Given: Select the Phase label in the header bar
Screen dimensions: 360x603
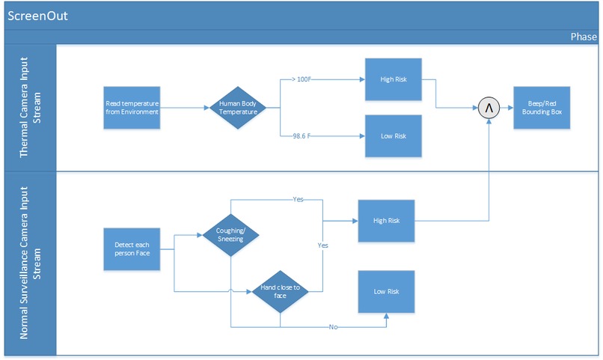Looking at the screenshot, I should pos(584,37).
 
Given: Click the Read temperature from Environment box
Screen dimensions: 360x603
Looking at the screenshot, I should pos(132,108).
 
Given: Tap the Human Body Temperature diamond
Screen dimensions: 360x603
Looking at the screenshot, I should pos(237,108).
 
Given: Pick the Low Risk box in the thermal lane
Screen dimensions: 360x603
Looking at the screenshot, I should pos(393,136).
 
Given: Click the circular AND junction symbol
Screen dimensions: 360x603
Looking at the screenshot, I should pos(489,109).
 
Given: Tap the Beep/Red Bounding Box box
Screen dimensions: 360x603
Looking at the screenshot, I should pos(541,108).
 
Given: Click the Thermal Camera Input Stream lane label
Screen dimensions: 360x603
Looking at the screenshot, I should pos(30,109).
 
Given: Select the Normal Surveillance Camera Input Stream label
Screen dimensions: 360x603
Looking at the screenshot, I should pos(30,263).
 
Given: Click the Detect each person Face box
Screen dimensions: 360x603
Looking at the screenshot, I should pos(132,249).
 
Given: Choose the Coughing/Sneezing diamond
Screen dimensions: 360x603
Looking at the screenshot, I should pos(230,235).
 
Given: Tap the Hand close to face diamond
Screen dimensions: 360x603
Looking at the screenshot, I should pos(280,291).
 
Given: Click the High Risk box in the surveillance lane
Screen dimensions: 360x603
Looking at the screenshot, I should pos(386,221).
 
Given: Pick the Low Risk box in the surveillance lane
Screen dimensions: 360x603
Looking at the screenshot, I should pos(386,291).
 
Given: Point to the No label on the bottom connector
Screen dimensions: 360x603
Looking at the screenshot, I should pos(334,327).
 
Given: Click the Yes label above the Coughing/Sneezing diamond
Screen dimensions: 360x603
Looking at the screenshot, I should pos(297,200).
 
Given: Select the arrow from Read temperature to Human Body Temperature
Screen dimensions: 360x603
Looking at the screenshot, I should pos(183,108).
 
